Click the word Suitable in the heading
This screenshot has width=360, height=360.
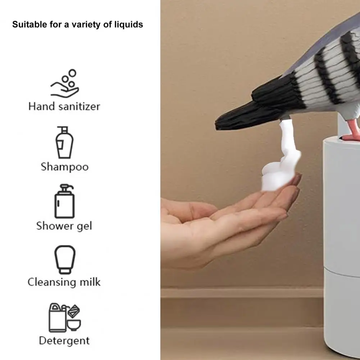click(x=25, y=24)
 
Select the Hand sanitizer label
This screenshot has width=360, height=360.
click(x=64, y=106)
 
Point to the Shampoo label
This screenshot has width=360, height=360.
click(x=64, y=167)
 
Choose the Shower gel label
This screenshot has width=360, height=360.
click(x=64, y=226)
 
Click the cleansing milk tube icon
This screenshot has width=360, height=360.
click(x=65, y=259)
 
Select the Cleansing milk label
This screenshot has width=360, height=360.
click(x=64, y=282)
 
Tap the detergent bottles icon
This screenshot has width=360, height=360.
click(x=65, y=317)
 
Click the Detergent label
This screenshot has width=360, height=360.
click(x=64, y=341)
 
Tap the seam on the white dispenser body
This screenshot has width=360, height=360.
click(x=342, y=273)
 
